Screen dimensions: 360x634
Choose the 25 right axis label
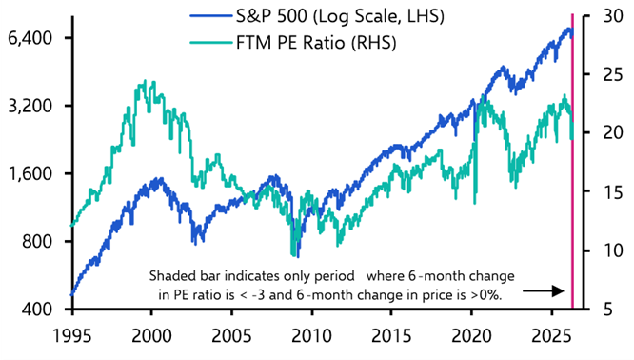[x=605, y=74]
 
